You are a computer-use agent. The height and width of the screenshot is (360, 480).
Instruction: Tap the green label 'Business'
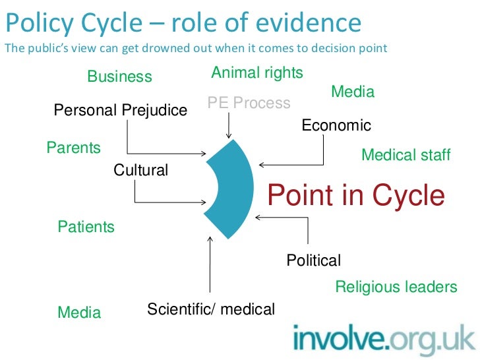coord(119,76)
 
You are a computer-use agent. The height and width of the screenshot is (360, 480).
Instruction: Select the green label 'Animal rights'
coord(257,73)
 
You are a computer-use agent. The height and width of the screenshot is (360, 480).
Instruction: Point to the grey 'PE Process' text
coord(249,103)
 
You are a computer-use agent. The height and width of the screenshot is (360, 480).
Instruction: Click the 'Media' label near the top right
coord(352,92)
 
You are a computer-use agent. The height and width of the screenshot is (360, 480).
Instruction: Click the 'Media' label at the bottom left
coord(79,313)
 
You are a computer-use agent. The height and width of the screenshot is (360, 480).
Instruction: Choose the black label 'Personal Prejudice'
coord(121,110)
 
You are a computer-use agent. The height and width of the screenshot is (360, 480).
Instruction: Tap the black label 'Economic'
coord(336,125)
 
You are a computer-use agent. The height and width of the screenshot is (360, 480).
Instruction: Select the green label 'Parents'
coord(73,148)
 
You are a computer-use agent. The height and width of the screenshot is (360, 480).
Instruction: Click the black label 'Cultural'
coord(141,170)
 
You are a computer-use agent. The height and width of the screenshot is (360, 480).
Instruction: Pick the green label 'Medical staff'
coord(405,155)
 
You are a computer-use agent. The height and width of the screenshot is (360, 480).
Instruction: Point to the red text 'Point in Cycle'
coord(356,196)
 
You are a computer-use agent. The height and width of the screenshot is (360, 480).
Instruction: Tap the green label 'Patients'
coord(86,227)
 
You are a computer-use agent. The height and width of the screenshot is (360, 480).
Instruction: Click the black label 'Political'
coord(313,260)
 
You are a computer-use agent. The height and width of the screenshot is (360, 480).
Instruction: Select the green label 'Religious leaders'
coord(396,287)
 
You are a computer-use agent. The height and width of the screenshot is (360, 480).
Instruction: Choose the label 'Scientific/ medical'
coord(211,309)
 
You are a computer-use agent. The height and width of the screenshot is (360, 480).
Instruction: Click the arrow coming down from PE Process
coord(229,125)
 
